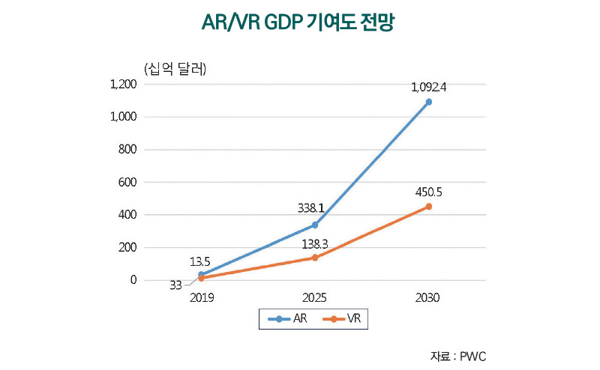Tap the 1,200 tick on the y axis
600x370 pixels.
click(x=123, y=85)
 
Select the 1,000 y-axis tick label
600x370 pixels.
click(x=123, y=117)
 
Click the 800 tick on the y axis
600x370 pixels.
click(x=127, y=150)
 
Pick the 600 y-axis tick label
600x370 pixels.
click(x=127, y=182)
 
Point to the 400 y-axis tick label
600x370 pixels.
click(x=127, y=215)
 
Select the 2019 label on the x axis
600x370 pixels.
click(x=201, y=297)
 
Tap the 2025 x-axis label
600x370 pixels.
click(x=314, y=297)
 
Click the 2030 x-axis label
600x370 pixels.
click(x=427, y=297)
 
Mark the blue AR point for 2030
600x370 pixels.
click(x=428, y=102)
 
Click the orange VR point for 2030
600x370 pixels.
click(x=428, y=207)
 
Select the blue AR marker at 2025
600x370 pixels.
click(x=315, y=225)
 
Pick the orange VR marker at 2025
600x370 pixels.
click(x=315, y=258)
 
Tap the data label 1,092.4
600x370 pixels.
click(x=428, y=87)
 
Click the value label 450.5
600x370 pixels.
click(x=428, y=192)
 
